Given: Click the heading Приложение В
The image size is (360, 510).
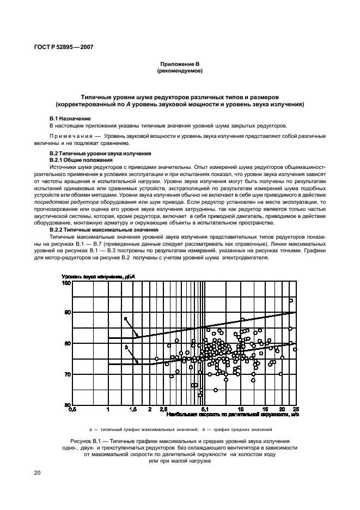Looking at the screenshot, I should point(179,64).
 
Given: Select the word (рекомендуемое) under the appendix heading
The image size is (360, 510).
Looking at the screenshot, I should point(179,71).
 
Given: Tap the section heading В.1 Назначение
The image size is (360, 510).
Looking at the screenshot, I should point(70,118).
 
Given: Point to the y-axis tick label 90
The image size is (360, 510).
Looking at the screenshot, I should point(68,313).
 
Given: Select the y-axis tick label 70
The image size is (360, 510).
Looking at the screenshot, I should point(68,374).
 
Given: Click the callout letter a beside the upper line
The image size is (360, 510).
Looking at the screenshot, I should point(125,319).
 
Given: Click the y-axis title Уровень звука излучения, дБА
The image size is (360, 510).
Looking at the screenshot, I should point(98,277).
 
